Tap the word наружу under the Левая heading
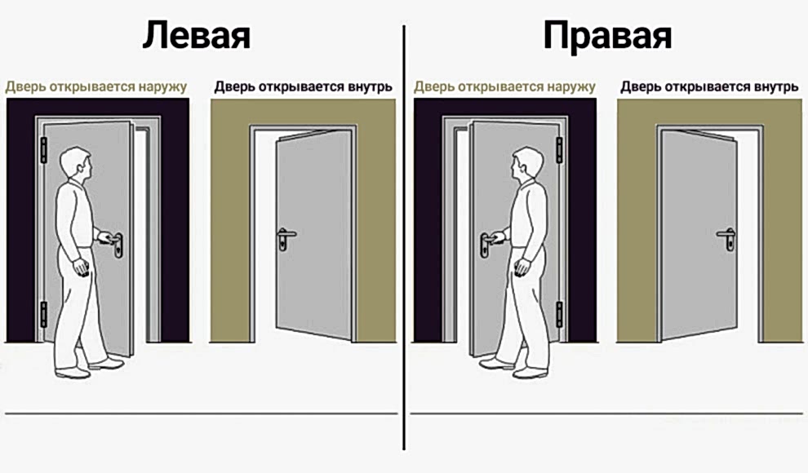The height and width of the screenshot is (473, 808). click(x=158, y=86)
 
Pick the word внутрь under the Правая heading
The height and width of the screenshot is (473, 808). click(x=773, y=86)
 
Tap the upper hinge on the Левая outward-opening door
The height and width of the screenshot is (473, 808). click(x=44, y=150)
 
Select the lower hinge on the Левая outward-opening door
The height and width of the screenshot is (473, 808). click(x=44, y=315)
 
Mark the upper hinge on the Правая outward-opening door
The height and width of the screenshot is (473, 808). click(x=559, y=150)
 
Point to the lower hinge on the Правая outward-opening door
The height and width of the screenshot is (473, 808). click(x=559, y=313)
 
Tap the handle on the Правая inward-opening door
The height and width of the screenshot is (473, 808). click(x=726, y=238)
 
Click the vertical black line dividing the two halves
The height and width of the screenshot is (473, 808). click(x=404, y=245)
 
